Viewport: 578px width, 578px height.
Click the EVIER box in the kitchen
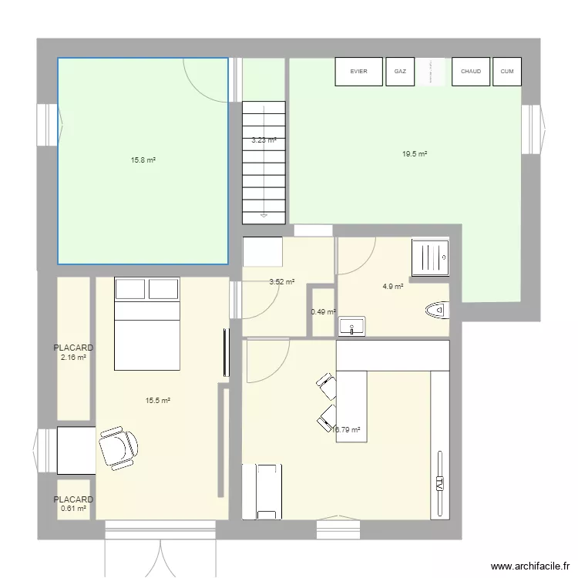pyautogui.click(x=358, y=72)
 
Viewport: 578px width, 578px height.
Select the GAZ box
pyautogui.click(x=400, y=72)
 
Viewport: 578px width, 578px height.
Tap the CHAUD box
pyautogui.click(x=471, y=72)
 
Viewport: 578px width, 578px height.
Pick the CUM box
pyautogui.click(x=506, y=72)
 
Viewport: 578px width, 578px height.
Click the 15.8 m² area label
pyautogui.click(x=143, y=160)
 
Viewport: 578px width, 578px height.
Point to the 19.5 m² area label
pyautogui.click(x=414, y=154)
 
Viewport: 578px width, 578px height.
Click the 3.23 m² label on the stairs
pyautogui.click(x=264, y=140)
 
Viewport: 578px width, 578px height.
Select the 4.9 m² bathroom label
pyautogui.click(x=393, y=287)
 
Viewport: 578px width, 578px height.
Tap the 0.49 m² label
pyautogui.click(x=323, y=312)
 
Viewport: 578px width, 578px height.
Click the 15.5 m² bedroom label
pyautogui.click(x=157, y=401)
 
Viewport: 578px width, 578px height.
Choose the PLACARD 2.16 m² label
pyautogui.click(x=73, y=352)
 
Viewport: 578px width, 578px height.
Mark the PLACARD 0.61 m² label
pyautogui.click(x=73, y=504)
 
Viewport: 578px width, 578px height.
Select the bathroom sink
pyautogui.click(x=352, y=325)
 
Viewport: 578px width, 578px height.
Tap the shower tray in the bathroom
pyautogui.click(x=430, y=257)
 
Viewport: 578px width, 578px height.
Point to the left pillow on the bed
pyautogui.click(x=129, y=288)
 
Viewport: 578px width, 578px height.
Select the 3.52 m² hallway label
pyautogui.click(x=281, y=282)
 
